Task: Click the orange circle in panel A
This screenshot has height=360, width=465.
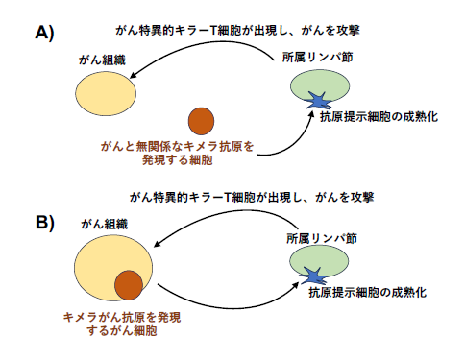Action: pyautogui.click(x=202, y=121)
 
